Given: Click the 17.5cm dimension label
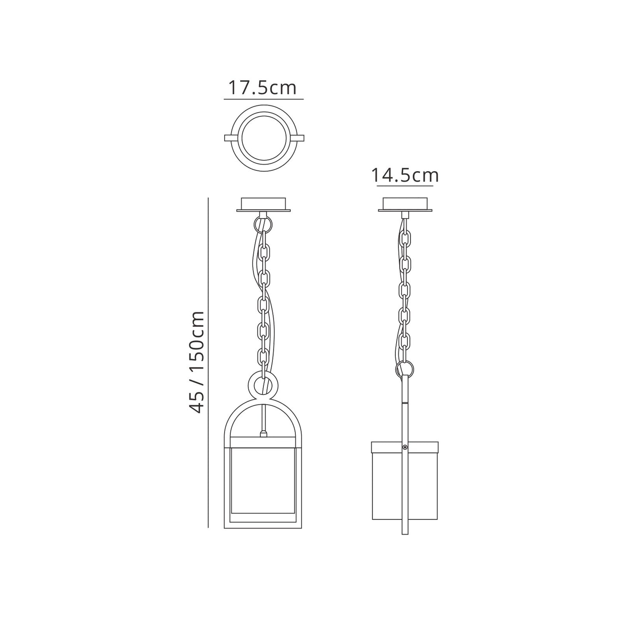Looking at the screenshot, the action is (x=263, y=88).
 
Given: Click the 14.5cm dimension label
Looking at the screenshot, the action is (x=405, y=175).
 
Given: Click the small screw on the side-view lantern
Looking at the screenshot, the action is (x=404, y=448).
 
